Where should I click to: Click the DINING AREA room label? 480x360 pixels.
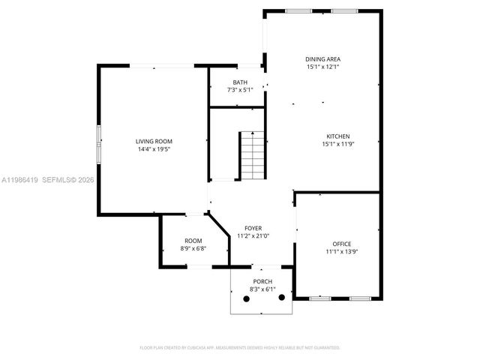tap(322, 59)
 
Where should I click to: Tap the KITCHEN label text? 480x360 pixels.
tap(337, 136)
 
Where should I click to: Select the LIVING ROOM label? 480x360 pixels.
tap(154, 141)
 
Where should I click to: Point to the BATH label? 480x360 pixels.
tap(240, 82)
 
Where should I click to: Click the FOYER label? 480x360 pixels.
tap(253, 228)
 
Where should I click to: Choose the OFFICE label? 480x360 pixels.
tap(342, 244)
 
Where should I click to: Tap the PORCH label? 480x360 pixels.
tap(262, 281)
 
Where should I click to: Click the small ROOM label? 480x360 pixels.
tap(193, 241)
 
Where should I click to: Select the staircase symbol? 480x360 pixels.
tap(253, 155)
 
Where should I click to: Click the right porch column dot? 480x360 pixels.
tap(282, 297)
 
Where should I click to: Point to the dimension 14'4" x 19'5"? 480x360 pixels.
tap(154, 148)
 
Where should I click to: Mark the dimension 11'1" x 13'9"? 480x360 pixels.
tap(342, 252)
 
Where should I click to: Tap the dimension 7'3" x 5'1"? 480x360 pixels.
tap(240, 90)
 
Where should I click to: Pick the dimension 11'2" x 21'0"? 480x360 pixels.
tap(253, 235)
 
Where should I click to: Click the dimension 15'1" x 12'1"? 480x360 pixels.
tap(322, 67)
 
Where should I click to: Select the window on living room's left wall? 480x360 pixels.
tap(97, 142)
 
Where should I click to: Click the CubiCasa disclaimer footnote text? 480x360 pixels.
tap(240, 347)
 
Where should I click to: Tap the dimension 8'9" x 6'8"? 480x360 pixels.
tap(193, 248)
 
